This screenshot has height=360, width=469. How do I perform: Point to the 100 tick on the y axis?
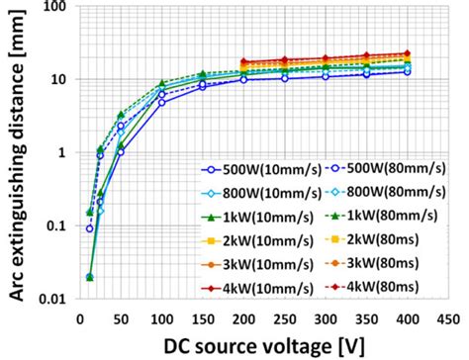point(57,7)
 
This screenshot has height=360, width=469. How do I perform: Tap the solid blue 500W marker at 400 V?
point(407,71)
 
